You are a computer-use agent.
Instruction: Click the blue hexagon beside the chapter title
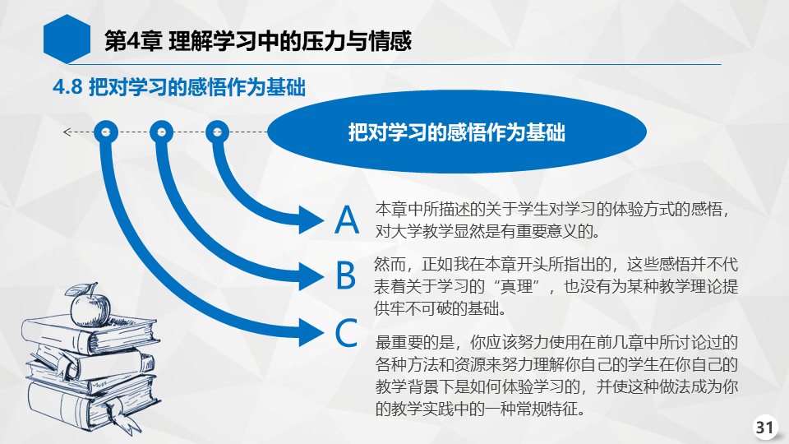(x=67, y=39)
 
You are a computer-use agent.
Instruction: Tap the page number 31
(x=764, y=428)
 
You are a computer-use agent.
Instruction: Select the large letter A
(x=347, y=220)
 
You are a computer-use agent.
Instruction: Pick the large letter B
(x=346, y=275)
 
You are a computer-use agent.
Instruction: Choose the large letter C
(x=346, y=333)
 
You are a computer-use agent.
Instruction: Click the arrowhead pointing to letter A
(x=311, y=220)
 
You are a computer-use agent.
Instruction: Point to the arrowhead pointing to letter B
(x=311, y=276)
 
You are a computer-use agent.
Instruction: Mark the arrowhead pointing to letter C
(x=311, y=332)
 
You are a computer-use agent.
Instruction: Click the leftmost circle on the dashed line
(x=106, y=132)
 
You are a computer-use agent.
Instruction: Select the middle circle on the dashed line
(x=162, y=132)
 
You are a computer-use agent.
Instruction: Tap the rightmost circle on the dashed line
(x=217, y=132)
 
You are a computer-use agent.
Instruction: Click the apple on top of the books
(x=90, y=309)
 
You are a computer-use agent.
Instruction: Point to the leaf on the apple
(x=76, y=290)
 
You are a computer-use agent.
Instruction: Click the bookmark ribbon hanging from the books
(x=122, y=415)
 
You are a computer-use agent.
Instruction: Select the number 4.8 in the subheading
(x=67, y=87)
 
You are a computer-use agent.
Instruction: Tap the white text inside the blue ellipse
(x=457, y=132)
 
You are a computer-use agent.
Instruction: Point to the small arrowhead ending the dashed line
(x=67, y=132)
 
